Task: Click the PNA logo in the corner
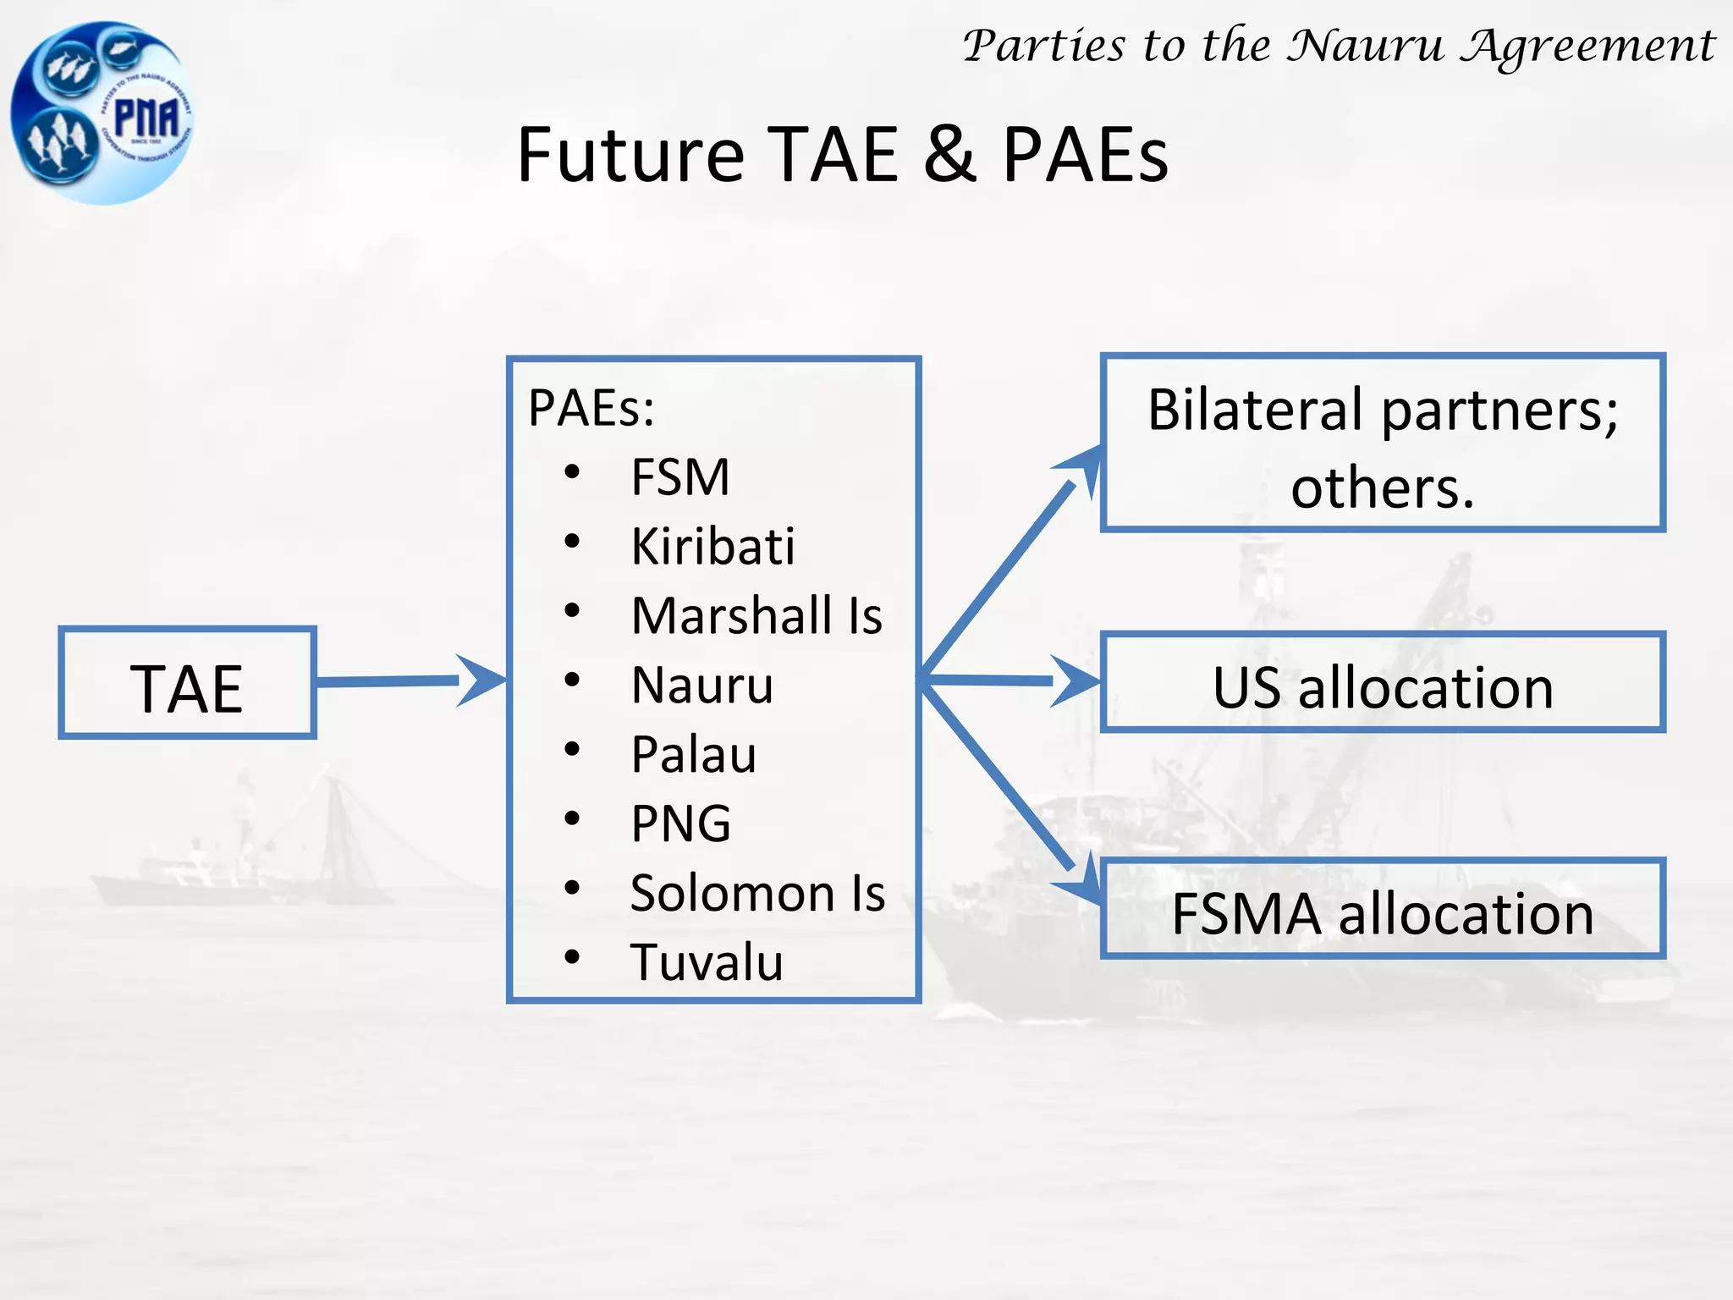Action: (x=102, y=113)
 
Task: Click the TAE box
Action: (x=187, y=683)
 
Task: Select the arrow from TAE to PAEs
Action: (x=406, y=680)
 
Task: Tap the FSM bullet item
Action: (x=680, y=477)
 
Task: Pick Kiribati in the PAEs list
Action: (x=712, y=546)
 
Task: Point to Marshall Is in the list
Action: (x=756, y=615)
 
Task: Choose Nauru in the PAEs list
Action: (x=702, y=685)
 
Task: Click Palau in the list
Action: (x=694, y=754)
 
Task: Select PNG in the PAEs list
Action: (x=681, y=824)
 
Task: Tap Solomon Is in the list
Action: (x=757, y=893)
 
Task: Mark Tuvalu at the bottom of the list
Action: (x=707, y=962)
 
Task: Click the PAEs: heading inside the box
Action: (x=591, y=408)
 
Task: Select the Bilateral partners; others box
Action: (x=1383, y=443)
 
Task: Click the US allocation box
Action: (x=1383, y=682)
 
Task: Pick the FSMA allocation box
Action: (x=1383, y=908)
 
